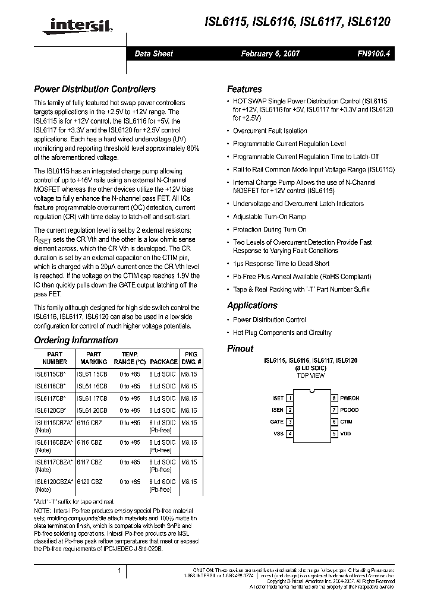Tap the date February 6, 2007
270,53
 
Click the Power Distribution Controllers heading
95,89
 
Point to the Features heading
244,89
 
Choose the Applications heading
252,305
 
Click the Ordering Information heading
75,340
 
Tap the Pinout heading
240,349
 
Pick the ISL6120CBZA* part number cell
53,481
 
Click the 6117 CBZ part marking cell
90,461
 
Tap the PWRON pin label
350,398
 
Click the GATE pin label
277,422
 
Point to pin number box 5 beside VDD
335,434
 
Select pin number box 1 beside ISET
289,398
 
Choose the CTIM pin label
346,422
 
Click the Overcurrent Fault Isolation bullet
270,131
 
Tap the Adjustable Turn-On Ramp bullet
269,217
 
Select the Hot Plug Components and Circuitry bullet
282,333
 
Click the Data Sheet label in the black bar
153,53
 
